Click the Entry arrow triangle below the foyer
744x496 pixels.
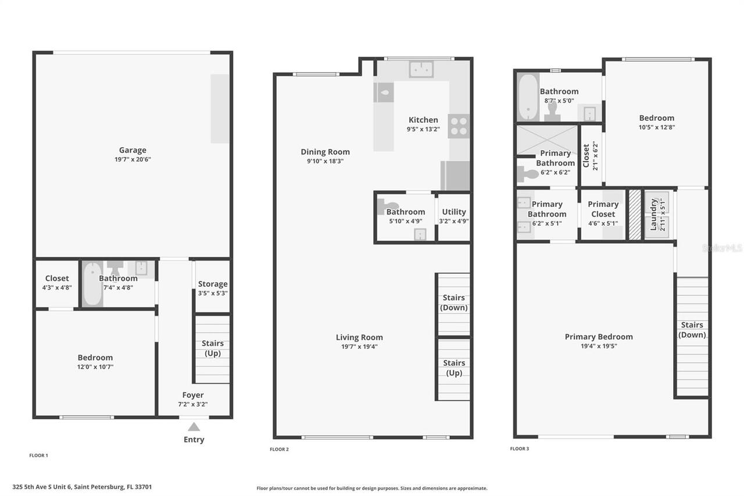194,427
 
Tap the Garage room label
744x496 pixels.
133,150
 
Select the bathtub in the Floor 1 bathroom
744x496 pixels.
93,284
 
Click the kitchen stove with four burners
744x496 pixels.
459,126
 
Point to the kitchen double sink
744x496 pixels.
421,69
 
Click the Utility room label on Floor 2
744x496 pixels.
454,212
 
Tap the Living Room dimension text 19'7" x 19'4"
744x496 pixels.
359,347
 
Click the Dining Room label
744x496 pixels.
325,152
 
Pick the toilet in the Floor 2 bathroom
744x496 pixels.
388,205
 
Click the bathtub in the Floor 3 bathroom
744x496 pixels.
528,96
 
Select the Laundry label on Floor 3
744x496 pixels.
653,215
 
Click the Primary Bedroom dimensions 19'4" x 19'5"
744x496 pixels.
599,346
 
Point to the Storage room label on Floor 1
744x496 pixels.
213,284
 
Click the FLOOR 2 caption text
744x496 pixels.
279,449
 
